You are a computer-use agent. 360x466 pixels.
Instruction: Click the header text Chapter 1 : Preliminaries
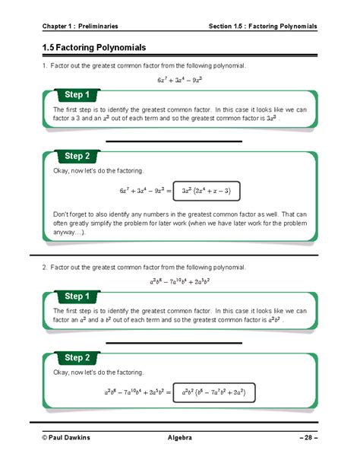(81, 27)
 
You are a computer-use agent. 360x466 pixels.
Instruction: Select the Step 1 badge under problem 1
(77, 95)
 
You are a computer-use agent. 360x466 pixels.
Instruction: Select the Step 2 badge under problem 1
(77, 156)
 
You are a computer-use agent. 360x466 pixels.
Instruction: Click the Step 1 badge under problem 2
(77, 296)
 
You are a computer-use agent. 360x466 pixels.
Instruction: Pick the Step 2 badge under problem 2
(77, 357)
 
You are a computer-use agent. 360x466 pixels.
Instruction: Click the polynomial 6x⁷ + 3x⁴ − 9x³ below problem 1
(179, 79)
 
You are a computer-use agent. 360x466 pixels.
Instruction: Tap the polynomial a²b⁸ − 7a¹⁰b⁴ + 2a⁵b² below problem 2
(179, 281)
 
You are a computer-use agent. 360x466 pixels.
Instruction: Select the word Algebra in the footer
(179, 438)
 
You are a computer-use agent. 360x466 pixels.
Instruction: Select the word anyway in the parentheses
(64, 233)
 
